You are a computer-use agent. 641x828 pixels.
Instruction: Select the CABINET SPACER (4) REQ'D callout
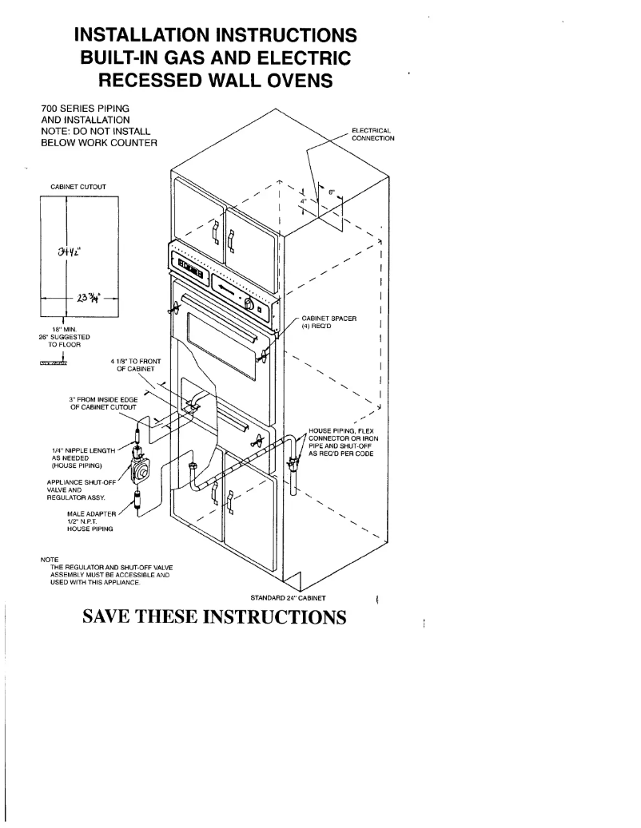(x=328, y=323)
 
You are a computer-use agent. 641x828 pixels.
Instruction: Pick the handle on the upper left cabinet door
(x=214, y=232)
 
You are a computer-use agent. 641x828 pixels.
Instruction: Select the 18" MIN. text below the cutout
(x=65, y=328)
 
